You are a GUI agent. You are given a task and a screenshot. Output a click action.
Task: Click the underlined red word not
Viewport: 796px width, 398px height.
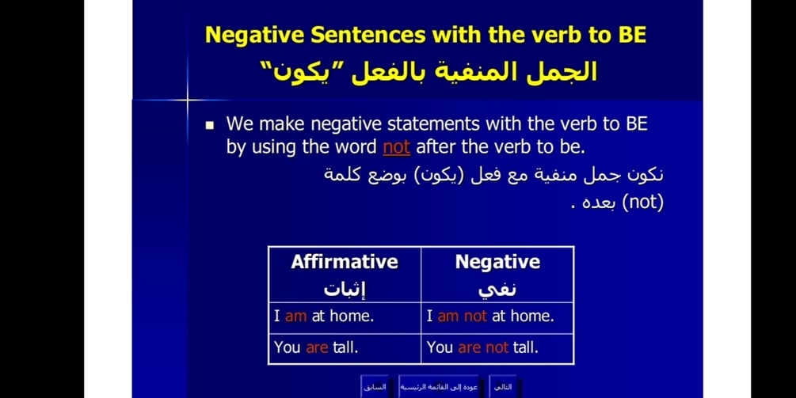click(x=397, y=147)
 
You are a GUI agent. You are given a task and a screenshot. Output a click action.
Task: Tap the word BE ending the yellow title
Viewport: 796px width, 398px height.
click(x=632, y=35)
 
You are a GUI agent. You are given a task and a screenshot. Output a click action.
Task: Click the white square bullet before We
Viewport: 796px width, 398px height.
click(x=210, y=125)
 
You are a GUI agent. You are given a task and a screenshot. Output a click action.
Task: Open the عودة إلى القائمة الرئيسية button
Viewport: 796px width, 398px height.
click(x=439, y=388)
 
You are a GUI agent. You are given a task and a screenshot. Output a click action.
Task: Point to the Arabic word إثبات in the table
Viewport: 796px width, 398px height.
click(x=345, y=290)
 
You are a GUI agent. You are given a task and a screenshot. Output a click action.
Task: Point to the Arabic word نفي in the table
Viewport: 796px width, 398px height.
click(x=497, y=290)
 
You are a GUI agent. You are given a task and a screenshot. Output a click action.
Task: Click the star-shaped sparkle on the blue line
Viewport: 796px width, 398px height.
click(x=188, y=100)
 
